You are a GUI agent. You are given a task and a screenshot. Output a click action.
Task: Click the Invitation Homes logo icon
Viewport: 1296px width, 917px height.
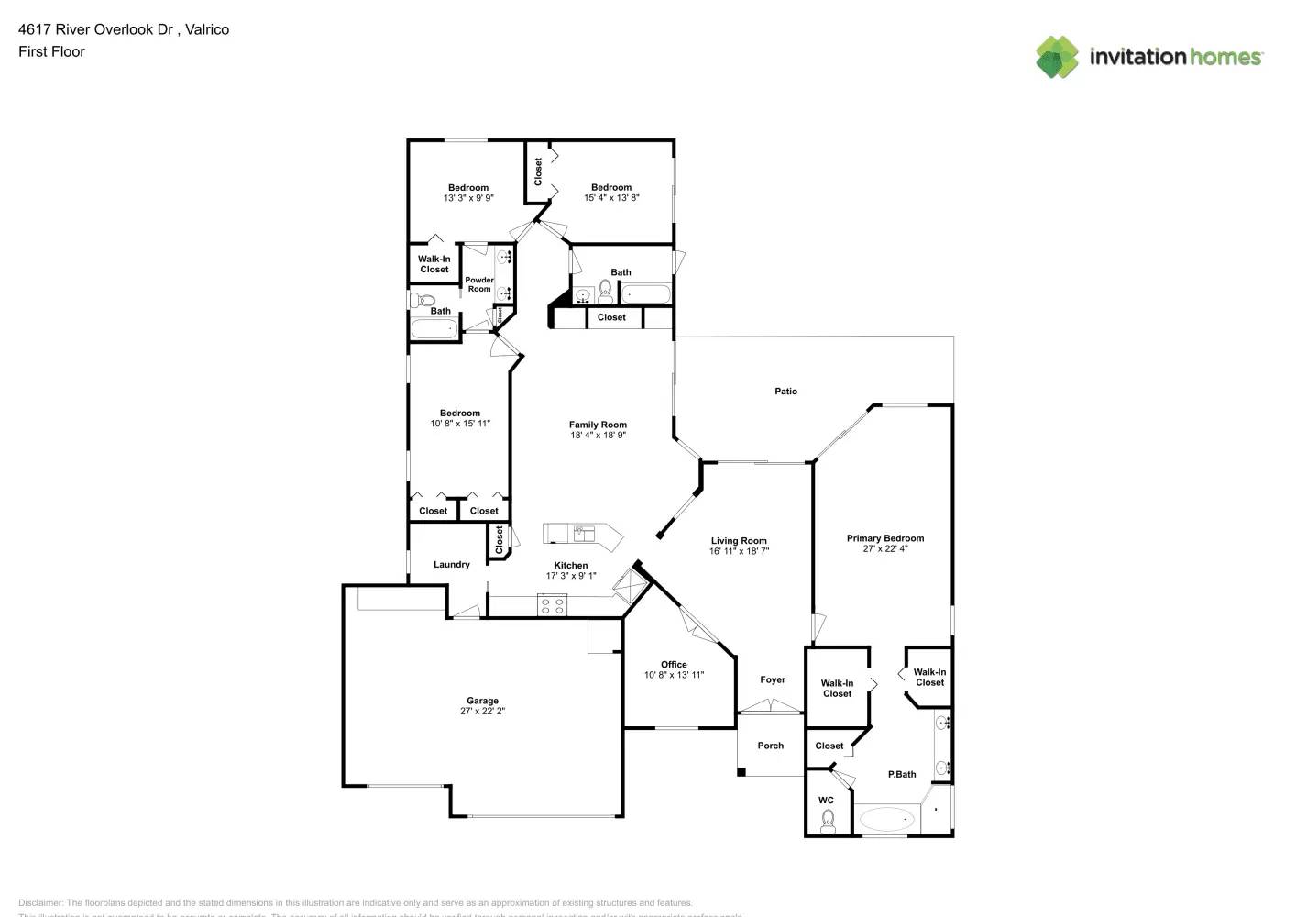[x=1057, y=57]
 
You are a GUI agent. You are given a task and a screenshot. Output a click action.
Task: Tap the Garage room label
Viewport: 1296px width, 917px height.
[x=482, y=701]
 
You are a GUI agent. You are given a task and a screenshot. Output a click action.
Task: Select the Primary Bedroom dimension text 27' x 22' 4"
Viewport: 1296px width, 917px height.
[x=884, y=549]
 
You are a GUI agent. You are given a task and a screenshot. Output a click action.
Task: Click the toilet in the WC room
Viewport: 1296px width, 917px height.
[x=828, y=819]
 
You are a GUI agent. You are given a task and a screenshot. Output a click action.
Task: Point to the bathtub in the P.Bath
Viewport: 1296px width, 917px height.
[x=887, y=818]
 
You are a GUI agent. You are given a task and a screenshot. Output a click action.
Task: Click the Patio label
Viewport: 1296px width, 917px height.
[x=785, y=392]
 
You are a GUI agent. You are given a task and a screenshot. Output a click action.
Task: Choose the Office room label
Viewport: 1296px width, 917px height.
[x=674, y=665]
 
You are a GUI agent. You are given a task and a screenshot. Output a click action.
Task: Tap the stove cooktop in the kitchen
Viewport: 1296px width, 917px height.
[x=552, y=605]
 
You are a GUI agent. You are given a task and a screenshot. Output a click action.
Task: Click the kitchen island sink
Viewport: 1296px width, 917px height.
[x=580, y=532]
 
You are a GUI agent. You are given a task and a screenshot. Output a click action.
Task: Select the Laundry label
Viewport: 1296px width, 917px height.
[x=452, y=565]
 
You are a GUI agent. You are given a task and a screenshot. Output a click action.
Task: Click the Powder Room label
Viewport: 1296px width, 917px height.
[x=479, y=284]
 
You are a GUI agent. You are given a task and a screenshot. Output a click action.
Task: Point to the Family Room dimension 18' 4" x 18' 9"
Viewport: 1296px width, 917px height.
[x=598, y=436]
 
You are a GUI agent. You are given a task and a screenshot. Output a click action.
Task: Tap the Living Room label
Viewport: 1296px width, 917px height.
[x=739, y=541]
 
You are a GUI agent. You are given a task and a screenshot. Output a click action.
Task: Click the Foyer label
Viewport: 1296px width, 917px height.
[x=773, y=680]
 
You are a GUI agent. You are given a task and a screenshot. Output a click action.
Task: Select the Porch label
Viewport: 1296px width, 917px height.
[x=771, y=746]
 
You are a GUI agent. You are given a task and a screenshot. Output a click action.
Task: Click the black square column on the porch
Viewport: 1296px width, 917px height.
[x=741, y=772]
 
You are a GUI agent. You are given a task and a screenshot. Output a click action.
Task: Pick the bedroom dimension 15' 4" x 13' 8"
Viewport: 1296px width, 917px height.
[x=611, y=198]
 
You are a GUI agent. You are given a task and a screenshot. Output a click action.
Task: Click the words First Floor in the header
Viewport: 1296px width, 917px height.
[x=51, y=51]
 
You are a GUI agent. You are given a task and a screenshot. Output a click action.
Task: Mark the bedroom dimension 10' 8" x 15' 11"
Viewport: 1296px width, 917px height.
[x=460, y=424]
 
